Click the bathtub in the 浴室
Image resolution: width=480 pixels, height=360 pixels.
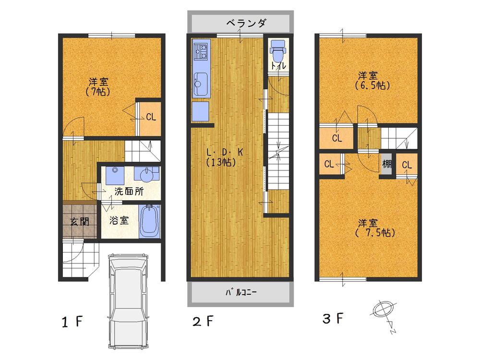(x=149, y=221)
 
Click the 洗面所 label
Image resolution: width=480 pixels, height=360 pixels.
(x=128, y=191)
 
